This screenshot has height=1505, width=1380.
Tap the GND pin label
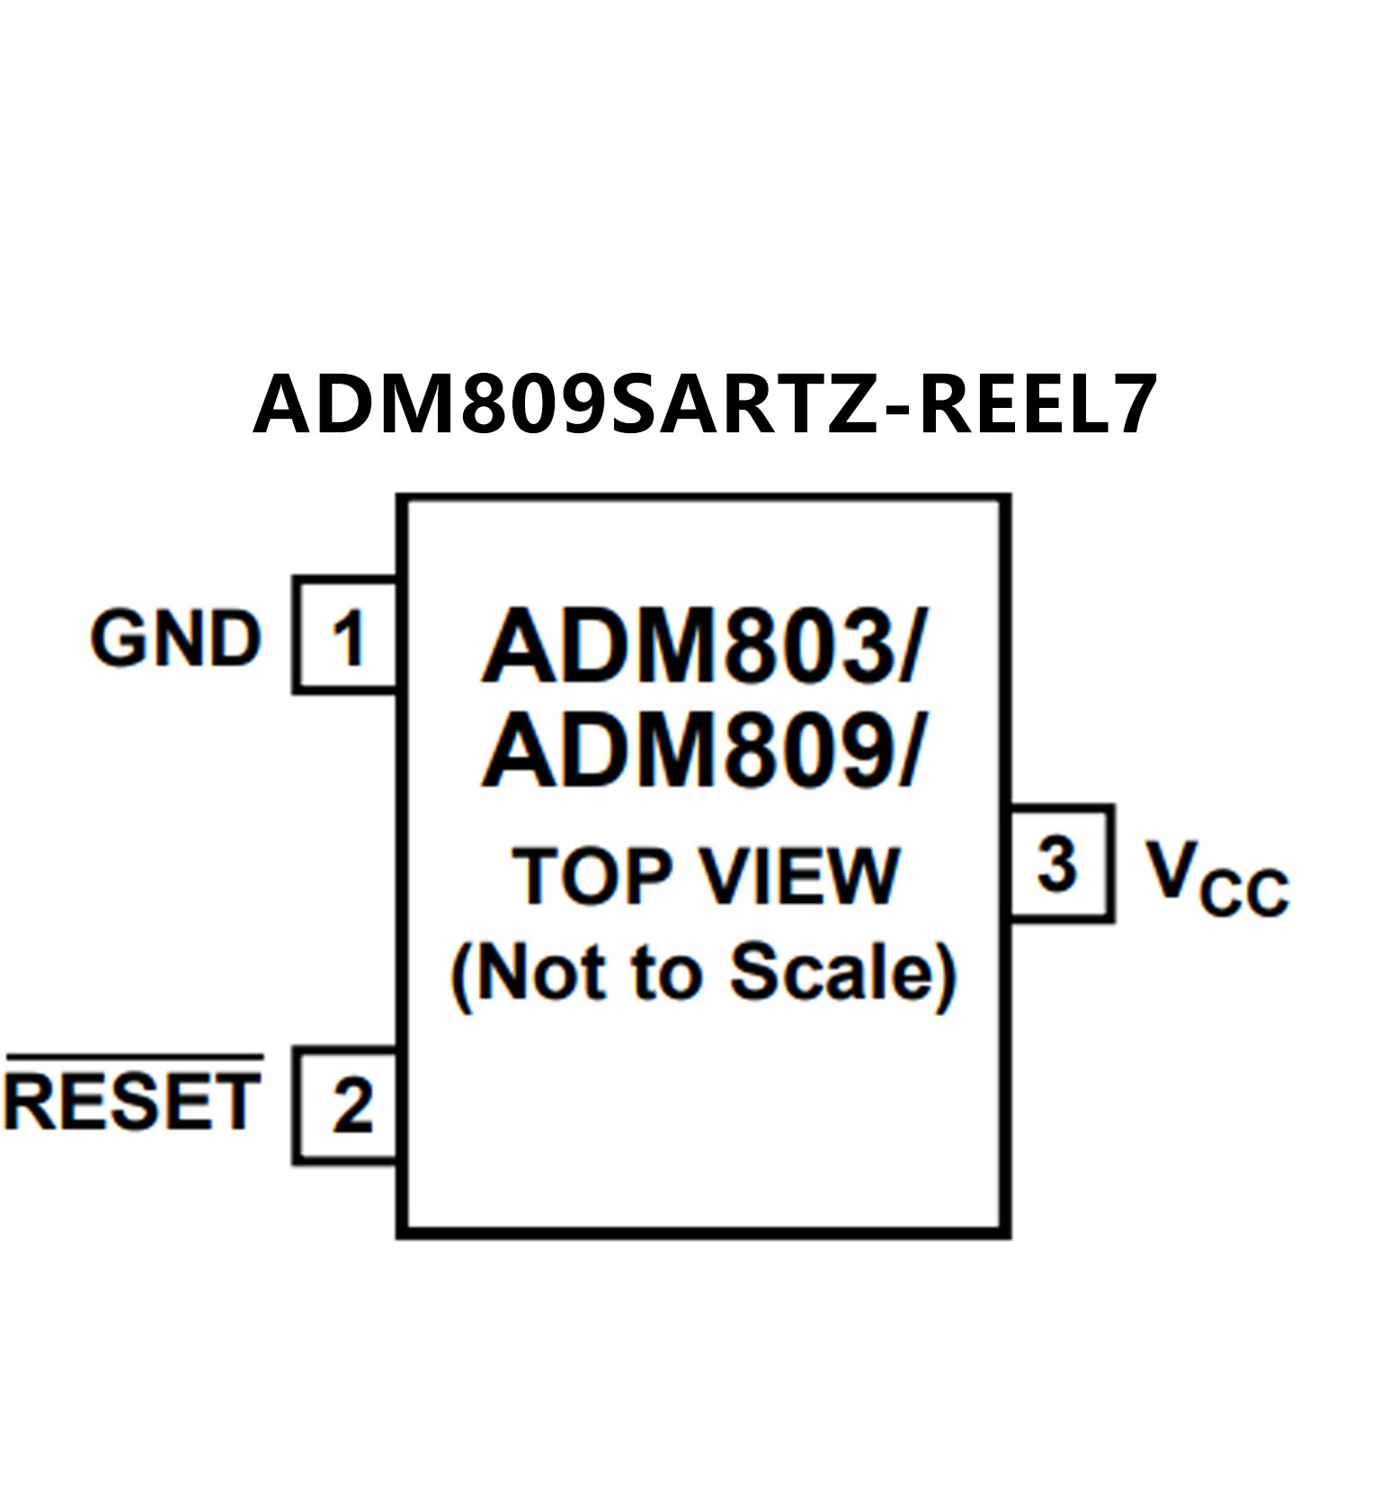tap(175, 639)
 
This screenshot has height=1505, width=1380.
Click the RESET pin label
tap(133, 1102)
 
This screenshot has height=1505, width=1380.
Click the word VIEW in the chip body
tap(801, 876)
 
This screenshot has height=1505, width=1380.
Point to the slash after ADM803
tap(907, 646)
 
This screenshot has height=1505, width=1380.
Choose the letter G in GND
tap(116, 639)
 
